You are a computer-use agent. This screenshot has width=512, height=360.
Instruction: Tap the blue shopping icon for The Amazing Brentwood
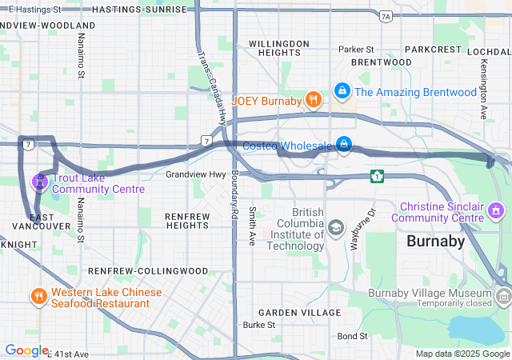tap(342, 92)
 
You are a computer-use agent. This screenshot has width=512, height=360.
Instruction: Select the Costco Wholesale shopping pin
tap(342, 145)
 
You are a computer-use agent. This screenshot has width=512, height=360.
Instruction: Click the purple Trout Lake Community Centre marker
tap(38, 182)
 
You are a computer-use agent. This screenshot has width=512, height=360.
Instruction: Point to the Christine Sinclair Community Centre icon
tap(496, 210)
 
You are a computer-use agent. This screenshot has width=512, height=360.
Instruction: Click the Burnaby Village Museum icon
tap(503, 298)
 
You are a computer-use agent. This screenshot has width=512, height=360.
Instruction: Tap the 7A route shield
tap(386, 16)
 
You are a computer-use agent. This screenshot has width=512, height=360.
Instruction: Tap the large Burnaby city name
tap(435, 241)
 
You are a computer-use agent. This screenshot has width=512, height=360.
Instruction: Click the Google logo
tap(26, 350)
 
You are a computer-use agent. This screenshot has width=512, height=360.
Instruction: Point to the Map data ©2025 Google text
tap(462, 354)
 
